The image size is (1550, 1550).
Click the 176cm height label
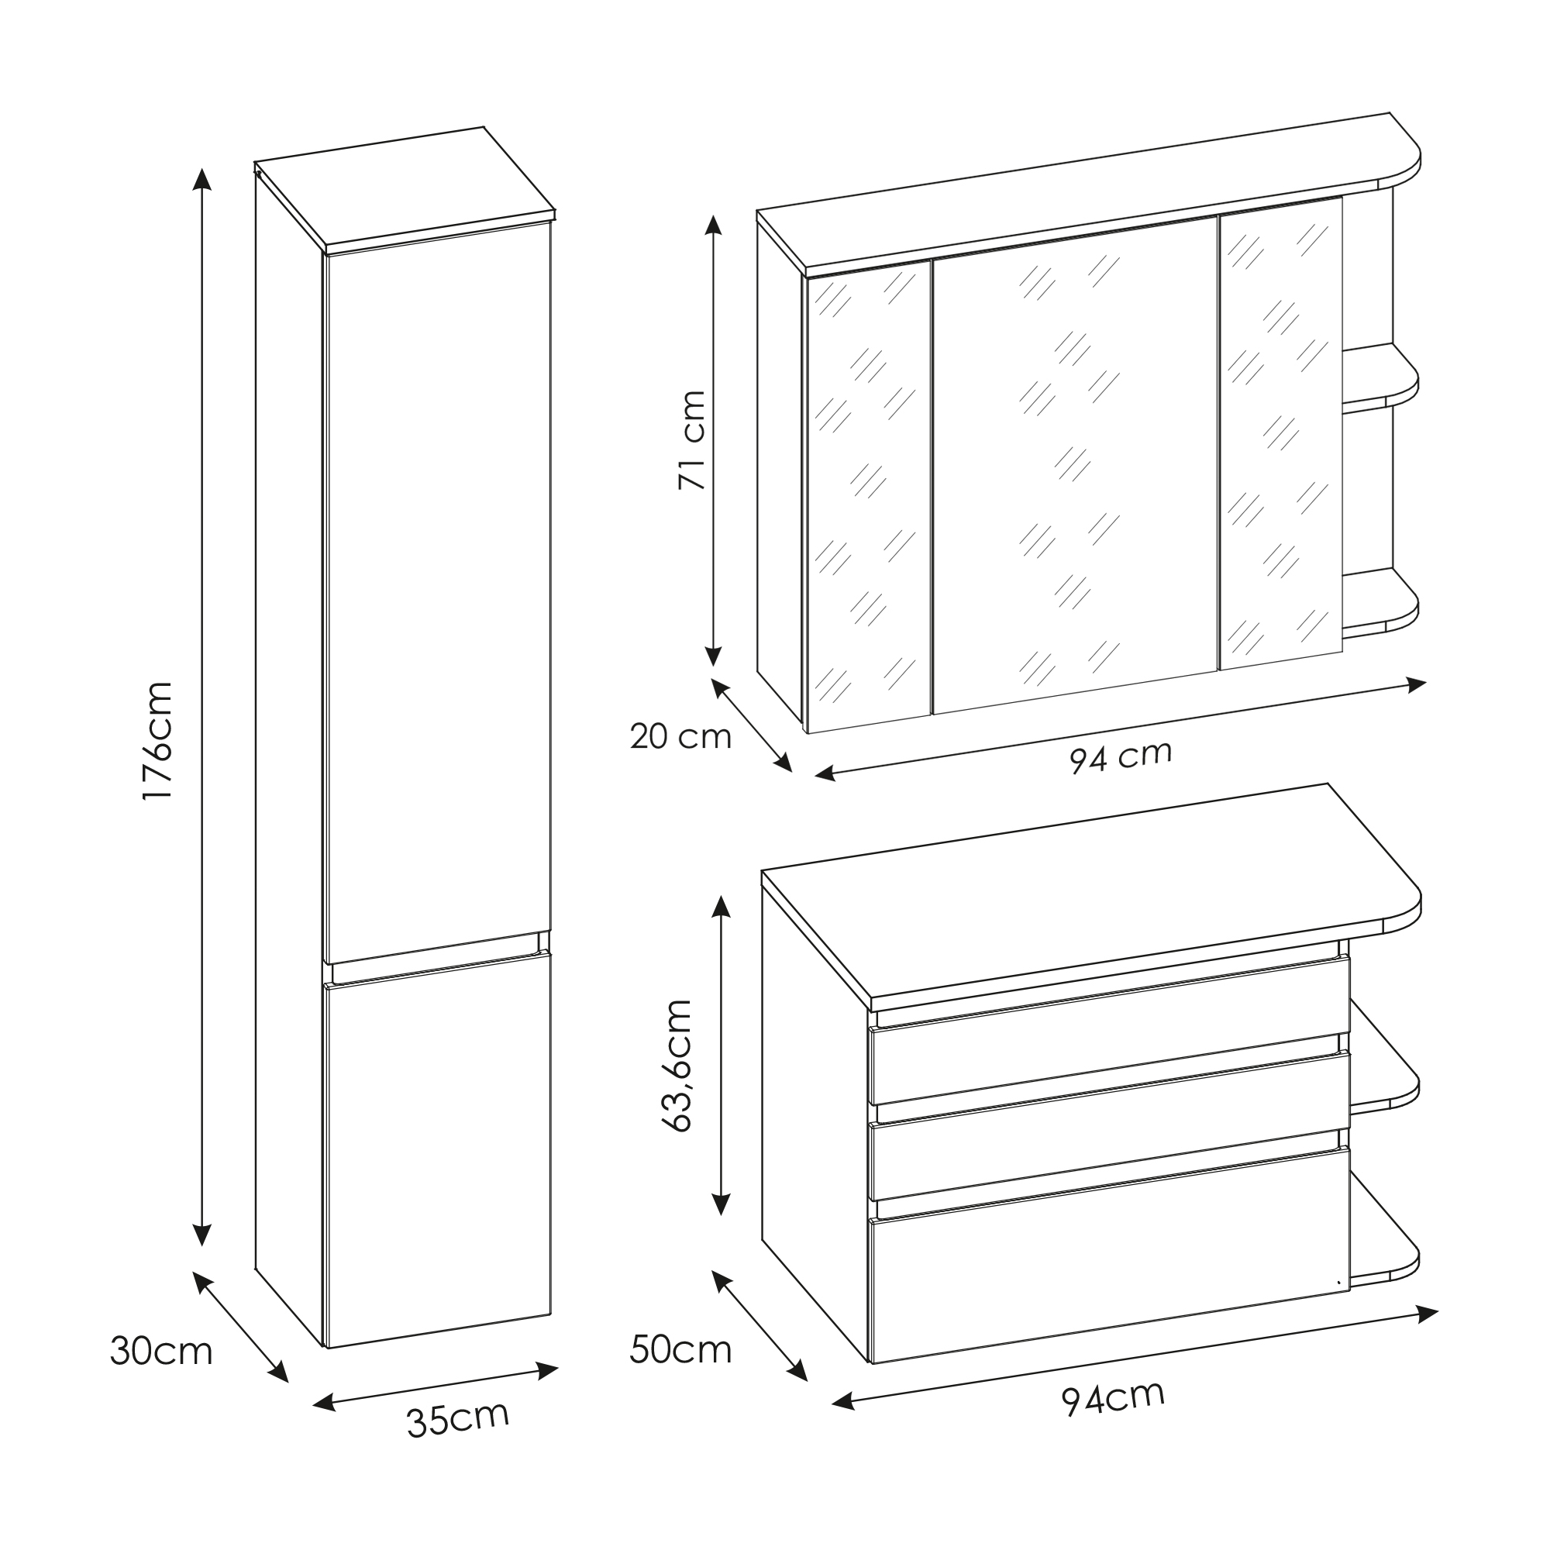tap(157, 739)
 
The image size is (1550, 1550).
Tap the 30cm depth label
tap(161, 1351)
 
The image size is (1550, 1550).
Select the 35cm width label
tap(458, 1418)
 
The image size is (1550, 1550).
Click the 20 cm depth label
tap(680, 736)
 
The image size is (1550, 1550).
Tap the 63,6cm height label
tap(677, 1066)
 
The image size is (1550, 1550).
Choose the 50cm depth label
tap(680, 1349)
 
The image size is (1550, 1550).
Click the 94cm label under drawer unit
tap(1114, 1397)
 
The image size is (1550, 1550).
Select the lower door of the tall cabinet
tap(438, 1149)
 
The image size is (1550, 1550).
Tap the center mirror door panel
tap(1075, 463)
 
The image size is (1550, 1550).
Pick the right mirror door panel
tap(1280, 433)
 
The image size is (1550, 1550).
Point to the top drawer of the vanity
tap(1110, 1031)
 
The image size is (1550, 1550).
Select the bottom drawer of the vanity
tap(1110, 1255)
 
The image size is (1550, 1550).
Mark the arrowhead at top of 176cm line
tap(203, 178)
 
